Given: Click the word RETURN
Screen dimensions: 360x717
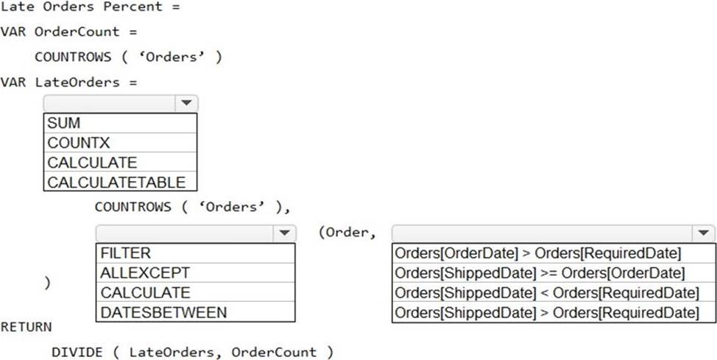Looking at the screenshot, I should (x=27, y=325).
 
